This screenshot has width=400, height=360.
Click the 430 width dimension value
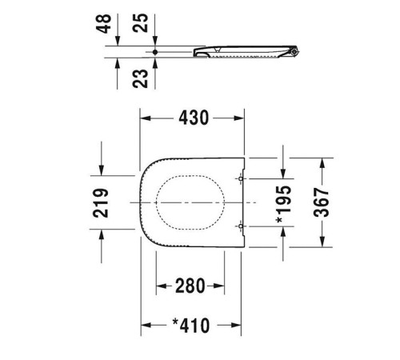pyautogui.click(x=193, y=118)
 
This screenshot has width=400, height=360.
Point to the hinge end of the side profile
pyautogui.click(x=297, y=52)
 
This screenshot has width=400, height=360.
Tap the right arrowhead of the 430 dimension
pyautogui.click(x=243, y=118)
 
